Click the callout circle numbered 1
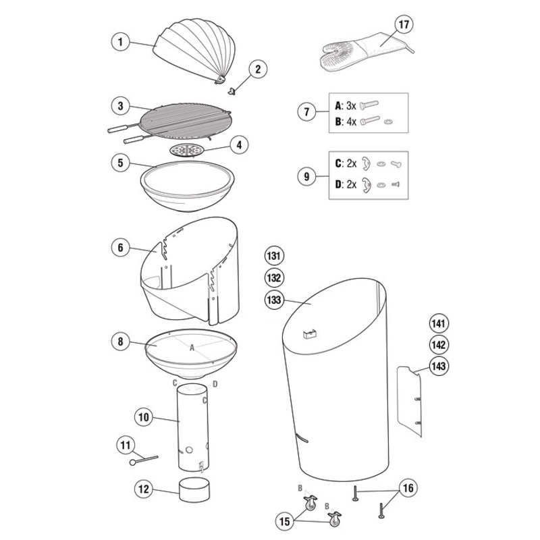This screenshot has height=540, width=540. click(x=120, y=42)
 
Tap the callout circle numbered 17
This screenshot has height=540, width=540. click(x=404, y=24)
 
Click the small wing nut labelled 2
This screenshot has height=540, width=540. click(x=232, y=91)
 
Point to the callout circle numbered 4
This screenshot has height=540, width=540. click(x=239, y=145)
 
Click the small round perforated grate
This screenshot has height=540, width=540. click(x=187, y=150)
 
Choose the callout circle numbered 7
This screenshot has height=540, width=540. click(x=306, y=111)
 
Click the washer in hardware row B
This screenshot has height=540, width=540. click(x=389, y=122)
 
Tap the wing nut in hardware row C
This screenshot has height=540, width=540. click(x=366, y=163)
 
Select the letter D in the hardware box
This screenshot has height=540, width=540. click(x=339, y=184)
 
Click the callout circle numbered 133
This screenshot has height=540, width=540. click(x=274, y=300)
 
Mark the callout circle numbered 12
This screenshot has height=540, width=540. click(x=143, y=489)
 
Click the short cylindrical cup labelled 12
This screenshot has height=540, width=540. click(x=194, y=489)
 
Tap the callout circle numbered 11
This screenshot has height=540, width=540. click(x=126, y=446)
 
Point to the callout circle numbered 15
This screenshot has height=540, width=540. click(x=285, y=521)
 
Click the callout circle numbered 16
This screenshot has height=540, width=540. click(x=408, y=488)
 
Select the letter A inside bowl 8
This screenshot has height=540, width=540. click(x=192, y=348)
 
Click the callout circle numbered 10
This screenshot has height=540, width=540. click(x=143, y=417)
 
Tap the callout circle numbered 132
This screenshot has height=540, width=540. click(x=274, y=277)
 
